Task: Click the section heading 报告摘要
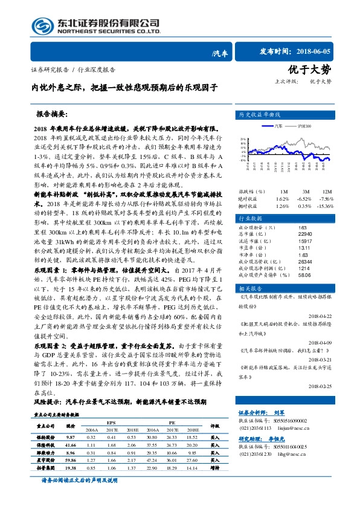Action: coord(52,114)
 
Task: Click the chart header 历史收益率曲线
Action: coord(260,114)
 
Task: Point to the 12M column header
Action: coord(326,174)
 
